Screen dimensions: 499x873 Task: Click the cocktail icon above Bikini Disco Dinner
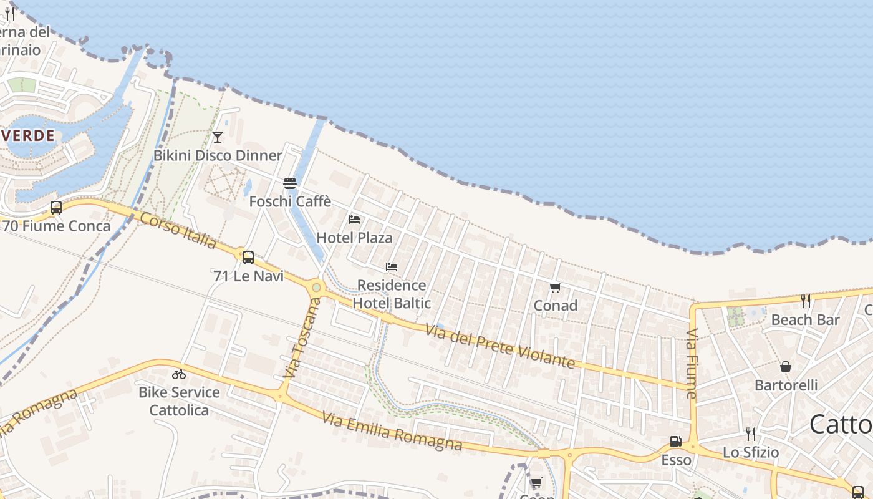pos(218,137)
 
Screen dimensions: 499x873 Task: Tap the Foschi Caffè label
pos(290,201)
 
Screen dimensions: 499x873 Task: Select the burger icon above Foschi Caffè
pos(290,183)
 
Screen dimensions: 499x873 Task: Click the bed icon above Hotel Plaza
pos(354,219)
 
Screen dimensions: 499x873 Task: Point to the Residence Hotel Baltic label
pos(392,294)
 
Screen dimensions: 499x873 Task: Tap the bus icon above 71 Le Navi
pos(248,257)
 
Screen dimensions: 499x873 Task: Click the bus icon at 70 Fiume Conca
pos(56,208)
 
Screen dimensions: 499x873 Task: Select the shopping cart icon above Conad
pos(555,288)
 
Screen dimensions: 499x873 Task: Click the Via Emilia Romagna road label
pos(392,431)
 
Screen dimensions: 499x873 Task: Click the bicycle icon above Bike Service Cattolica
pos(179,374)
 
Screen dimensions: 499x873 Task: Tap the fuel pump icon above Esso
pos(675,442)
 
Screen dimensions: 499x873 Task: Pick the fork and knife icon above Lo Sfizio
pos(751,434)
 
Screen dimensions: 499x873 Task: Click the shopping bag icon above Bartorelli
pos(786,367)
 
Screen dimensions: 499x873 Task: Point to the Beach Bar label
pos(806,319)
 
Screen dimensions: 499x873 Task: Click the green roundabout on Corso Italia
pos(317,288)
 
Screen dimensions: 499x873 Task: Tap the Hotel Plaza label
pos(354,237)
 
